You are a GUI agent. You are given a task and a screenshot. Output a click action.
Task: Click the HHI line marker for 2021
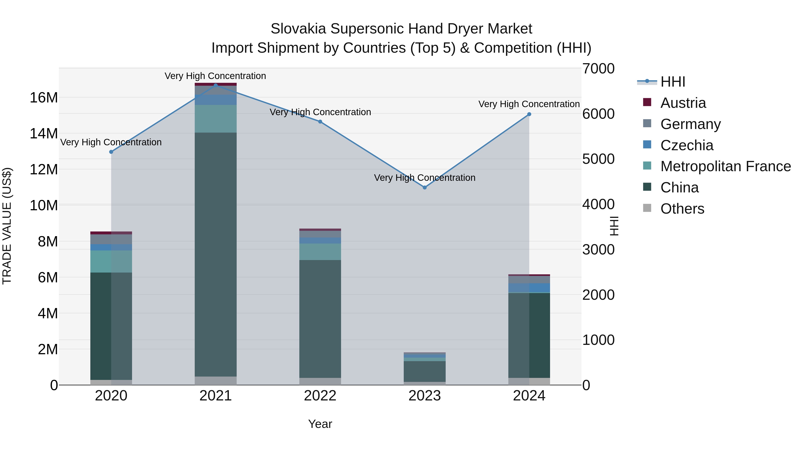point(215,85)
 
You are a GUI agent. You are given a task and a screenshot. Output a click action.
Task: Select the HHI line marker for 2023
point(424,187)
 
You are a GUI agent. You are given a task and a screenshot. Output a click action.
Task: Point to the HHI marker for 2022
point(320,122)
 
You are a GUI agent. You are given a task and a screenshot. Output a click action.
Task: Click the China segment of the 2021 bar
point(215,254)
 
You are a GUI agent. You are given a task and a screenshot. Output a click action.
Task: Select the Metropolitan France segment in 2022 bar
point(320,252)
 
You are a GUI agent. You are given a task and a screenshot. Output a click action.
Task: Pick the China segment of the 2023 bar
point(424,371)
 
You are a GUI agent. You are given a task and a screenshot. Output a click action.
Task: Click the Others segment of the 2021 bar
point(215,381)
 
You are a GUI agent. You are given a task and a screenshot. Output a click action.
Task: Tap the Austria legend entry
point(683,103)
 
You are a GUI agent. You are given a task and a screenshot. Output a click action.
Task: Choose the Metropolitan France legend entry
point(725,166)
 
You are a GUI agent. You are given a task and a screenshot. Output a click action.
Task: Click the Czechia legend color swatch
point(647,145)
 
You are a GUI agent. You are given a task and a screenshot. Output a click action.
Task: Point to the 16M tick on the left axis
point(44,98)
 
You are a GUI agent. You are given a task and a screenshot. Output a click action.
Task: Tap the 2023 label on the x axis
point(424,396)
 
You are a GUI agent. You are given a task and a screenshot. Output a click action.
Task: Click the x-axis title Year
point(320,424)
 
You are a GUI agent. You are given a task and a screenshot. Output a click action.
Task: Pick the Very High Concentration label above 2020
point(111,142)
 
